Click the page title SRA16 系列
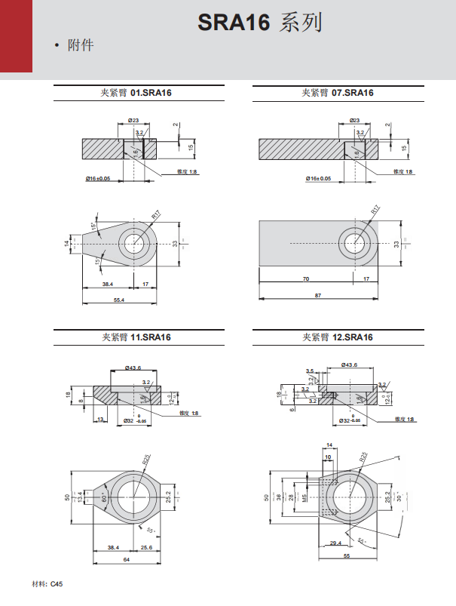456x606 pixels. (260, 23)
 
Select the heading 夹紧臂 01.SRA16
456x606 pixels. (138, 93)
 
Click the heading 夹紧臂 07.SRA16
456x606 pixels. (338, 93)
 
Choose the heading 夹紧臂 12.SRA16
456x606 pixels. (338, 337)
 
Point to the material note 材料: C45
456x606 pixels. (47, 583)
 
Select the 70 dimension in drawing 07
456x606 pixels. (305, 278)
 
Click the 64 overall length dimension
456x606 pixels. (125, 561)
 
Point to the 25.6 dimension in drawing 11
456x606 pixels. (146, 547)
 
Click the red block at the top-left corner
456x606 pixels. (16, 35)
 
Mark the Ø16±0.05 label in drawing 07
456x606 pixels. (318, 178)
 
